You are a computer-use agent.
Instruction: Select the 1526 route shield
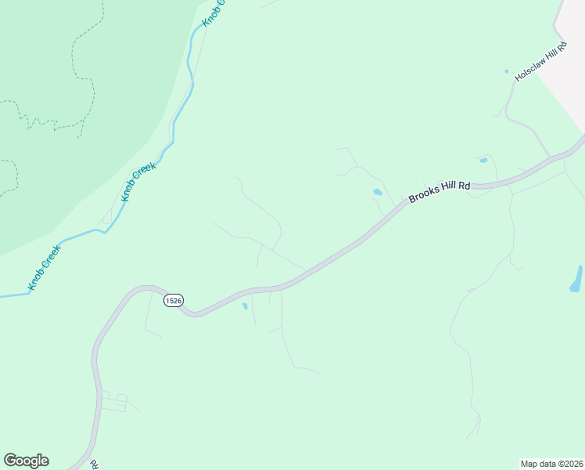174,300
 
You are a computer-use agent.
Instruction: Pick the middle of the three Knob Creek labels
139,179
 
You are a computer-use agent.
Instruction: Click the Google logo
26,461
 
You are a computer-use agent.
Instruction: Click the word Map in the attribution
529,463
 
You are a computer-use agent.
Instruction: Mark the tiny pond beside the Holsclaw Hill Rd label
506,72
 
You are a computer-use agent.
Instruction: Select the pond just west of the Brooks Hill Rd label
378,192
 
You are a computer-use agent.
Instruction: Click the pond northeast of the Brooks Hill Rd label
483,161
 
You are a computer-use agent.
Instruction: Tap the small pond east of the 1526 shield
245,305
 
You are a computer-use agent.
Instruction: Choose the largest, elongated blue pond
576,279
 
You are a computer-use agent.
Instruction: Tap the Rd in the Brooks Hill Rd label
464,186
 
